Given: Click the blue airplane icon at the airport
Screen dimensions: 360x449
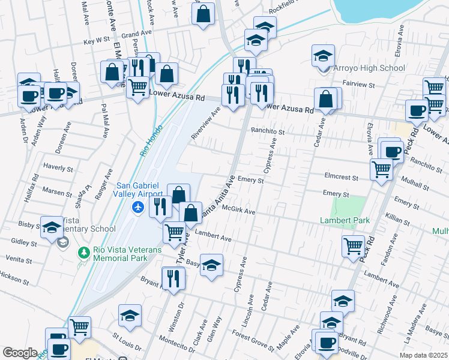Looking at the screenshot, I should click(x=139, y=207).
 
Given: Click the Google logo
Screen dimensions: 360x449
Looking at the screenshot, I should click(x=20, y=353).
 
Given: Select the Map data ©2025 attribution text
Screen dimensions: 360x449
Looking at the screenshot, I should click(x=423, y=355).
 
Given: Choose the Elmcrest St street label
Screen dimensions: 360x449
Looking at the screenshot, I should click(x=340, y=178).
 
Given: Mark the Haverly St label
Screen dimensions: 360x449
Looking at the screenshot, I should click(x=58, y=168).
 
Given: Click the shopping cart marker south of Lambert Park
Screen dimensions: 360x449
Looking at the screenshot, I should click(x=353, y=245).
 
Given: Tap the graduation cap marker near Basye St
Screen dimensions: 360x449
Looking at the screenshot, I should click(x=211, y=264).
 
